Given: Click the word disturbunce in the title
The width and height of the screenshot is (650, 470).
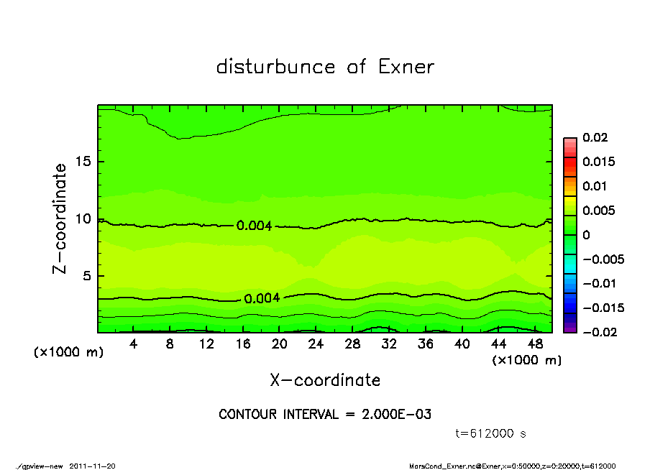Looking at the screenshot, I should pyautogui.click(x=275, y=67).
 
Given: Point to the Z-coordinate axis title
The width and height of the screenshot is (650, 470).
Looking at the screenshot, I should pyautogui.click(x=60, y=218).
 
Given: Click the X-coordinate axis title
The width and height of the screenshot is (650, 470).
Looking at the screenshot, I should pyautogui.click(x=325, y=380).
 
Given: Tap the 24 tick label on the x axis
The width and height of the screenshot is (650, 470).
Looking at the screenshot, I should pyautogui.click(x=316, y=344).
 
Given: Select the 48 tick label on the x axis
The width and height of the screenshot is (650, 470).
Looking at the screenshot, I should pyautogui.click(x=535, y=344).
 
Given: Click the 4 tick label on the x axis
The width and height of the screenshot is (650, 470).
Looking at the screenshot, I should pyautogui.click(x=134, y=344).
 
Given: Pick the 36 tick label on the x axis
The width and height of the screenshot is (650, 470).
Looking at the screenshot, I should pyautogui.click(x=426, y=344).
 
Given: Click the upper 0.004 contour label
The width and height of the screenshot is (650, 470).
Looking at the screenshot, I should pyautogui.click(x=254, y=226).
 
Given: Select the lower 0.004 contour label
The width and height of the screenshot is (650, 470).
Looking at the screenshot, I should pyautogui.click(x=262, y=298).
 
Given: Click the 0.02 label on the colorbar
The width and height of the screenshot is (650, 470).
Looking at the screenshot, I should pyautogui.click(x=595, y=137).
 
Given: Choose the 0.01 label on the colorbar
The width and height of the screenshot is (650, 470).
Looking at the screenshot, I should pyautogui.click(x=595, y=186).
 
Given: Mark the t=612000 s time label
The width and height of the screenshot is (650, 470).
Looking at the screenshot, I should pyautogui.click(x=491, y=433).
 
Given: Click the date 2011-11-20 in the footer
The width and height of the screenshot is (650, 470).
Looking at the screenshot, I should pyautogui.click(x=92, y=466).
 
